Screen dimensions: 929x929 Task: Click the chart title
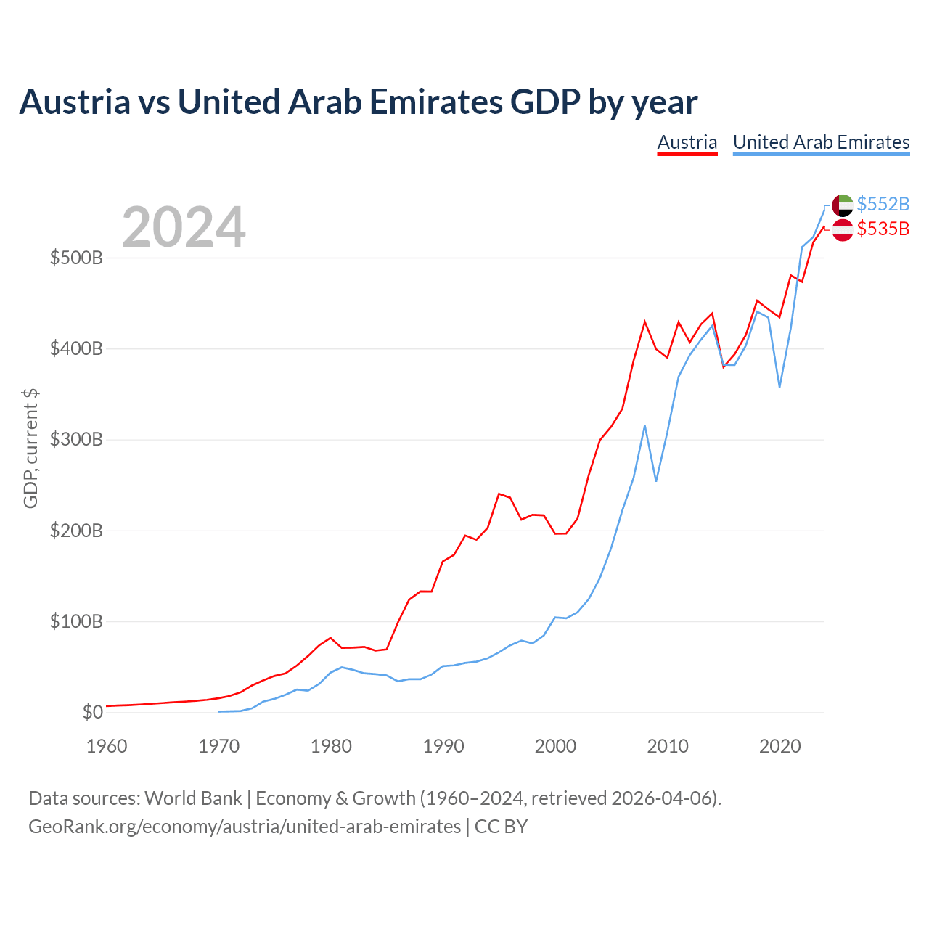(x=359, y=102)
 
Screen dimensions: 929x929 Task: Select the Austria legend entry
(x=687, y=143)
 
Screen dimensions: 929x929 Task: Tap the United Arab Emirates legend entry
(x=821, y=143)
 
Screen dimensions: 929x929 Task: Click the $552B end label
(x=883, y=204)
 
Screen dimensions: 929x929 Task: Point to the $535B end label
(x=883, y=229)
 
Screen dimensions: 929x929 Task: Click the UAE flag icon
(x=842, y=205)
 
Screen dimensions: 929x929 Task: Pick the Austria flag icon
(x=842, y=230)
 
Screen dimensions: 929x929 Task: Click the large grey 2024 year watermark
(x=183, y=226)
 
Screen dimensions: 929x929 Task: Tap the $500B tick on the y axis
(x=76, y=258)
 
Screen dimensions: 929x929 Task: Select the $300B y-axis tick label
(x=76, y=440)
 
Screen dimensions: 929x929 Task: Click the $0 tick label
(x=93, y=712)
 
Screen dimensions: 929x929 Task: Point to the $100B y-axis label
(x=76, y=621)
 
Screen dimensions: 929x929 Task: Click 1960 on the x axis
(x=107, y=746)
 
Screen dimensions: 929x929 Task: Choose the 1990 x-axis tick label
(x=443, y=746)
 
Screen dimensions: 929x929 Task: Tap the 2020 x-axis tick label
(x=779, y=746)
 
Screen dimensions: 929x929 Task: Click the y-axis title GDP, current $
(x=30, y=449)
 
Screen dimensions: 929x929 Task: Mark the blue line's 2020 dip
(x=779, y=387)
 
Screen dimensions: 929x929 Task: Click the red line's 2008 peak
(x=644, y=322)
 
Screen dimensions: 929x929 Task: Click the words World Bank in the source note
(x=193, y=798)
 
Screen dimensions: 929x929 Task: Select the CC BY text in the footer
(x=501, y=827)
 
